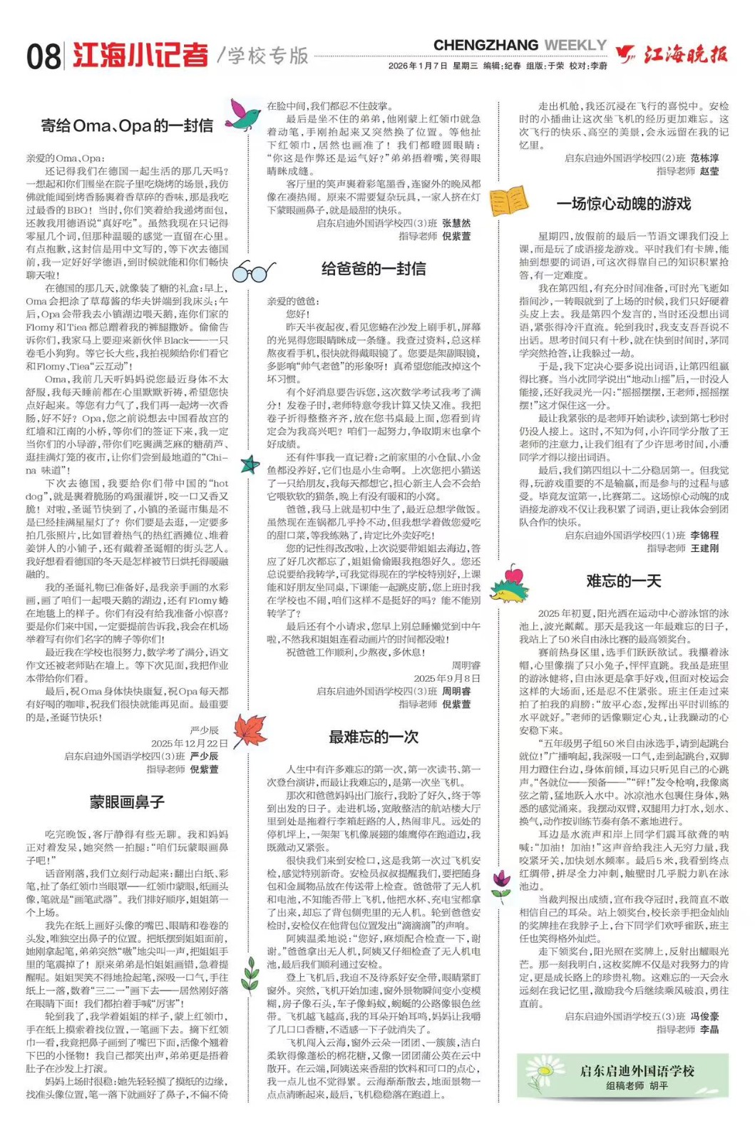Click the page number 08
[x=43, y=57]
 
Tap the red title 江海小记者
[x=140, y=56]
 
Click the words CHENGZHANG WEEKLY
[x=520, y=46]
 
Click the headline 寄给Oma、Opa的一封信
[x=127, y=126]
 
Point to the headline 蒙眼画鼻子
[x=127, y=802]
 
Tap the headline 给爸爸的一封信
[x=374, y=269]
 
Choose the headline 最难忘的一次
[x=374, y=737]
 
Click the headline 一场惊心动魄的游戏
[x=624, y=204]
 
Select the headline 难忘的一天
[x=624, y=580]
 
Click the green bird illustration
[x=242, y=115]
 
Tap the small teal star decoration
[x=250, y=465]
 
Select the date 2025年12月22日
[x=189, y=743]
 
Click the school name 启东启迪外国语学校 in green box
[x=637, y=1071]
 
